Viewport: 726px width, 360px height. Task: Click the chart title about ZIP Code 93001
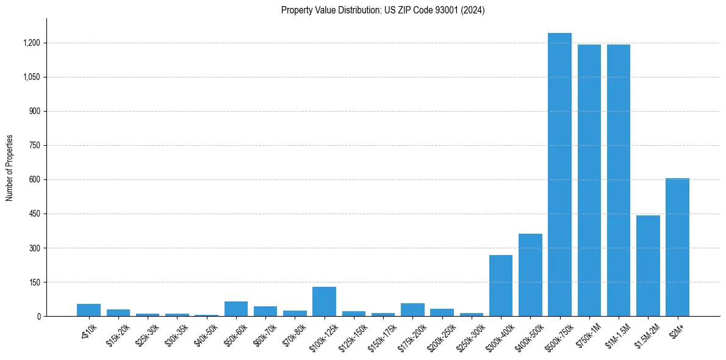click(383, 10)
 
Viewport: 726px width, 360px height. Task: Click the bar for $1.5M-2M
click(648, 266)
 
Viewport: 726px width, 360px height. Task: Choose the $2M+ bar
click(677, 247)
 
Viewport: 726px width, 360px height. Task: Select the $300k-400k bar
click(501, 286)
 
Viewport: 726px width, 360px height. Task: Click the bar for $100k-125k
click(324, 301)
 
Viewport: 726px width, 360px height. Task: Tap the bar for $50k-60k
click(236, 309)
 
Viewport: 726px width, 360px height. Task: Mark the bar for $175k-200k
click(412, 310)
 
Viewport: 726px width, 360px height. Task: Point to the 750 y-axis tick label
click(34, 146)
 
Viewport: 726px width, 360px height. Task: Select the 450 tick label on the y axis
click(34, 214)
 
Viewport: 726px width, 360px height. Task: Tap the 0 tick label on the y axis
click(38, 317)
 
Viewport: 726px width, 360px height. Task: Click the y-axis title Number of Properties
click(10, 168)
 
